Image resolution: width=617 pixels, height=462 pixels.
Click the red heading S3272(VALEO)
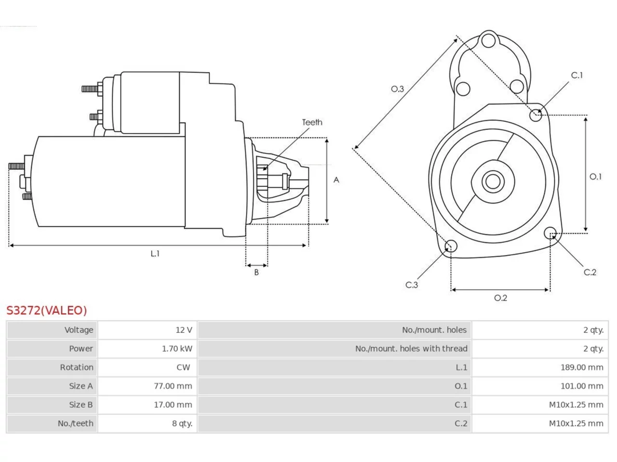[x=47, y=310]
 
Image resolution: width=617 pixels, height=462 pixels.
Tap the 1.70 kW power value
[x=177, y=348]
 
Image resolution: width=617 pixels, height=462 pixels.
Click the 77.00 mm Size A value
[x=173, y=386]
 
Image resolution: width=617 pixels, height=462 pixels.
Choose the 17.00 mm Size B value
[x=173, y=405]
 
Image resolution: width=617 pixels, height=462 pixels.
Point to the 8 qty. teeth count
[x=182, y=423]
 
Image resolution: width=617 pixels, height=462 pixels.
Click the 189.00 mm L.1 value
[x=582, y=367]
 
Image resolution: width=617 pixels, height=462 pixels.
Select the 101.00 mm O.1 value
[x=582, y=386]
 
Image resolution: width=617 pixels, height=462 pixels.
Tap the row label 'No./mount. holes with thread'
[x=411, y=348]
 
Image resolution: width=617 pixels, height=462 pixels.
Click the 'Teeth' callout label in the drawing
[x=312, y=122]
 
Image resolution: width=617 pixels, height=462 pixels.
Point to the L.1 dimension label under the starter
[x=155, y=254]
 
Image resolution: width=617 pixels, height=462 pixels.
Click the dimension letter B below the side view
[x=256, y=272]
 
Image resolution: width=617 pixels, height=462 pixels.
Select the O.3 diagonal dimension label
[x=397, y=89]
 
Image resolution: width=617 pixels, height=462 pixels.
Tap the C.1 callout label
[x=577, y=75]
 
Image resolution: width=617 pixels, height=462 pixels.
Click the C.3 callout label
[x=411, y=285]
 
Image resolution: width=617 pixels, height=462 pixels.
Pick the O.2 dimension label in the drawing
[x=500, y=297]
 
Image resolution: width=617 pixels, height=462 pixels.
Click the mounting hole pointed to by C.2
[x=550, y=233]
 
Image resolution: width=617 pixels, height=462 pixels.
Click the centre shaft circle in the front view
[x=493, y=181]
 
